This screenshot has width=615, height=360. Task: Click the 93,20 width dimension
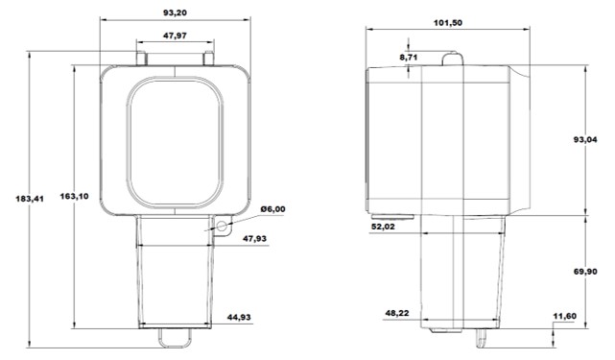pyautogui.click(x=175, y=12)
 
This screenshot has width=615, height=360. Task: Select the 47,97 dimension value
pyautogui.click(x=175, y=36)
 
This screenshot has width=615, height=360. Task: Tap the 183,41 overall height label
pyautogui.click(x=30, y=199)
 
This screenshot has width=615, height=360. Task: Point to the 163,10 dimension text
pyautogui.click(x=74, y=196)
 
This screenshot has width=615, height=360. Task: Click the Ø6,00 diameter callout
pyautogui.click(x=273, y=209)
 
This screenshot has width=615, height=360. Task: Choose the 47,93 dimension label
pyautogui.click(x=254, y=239)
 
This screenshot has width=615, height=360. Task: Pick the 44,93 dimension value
pyautogui.click(x=239, y=317)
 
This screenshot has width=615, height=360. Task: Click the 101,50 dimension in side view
pyautogui.click(x=448, y=23)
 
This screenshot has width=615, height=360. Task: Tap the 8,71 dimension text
pyautogui.click(x=409, y=58)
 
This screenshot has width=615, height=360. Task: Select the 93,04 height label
pyautogui.click(x=585, y=139)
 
